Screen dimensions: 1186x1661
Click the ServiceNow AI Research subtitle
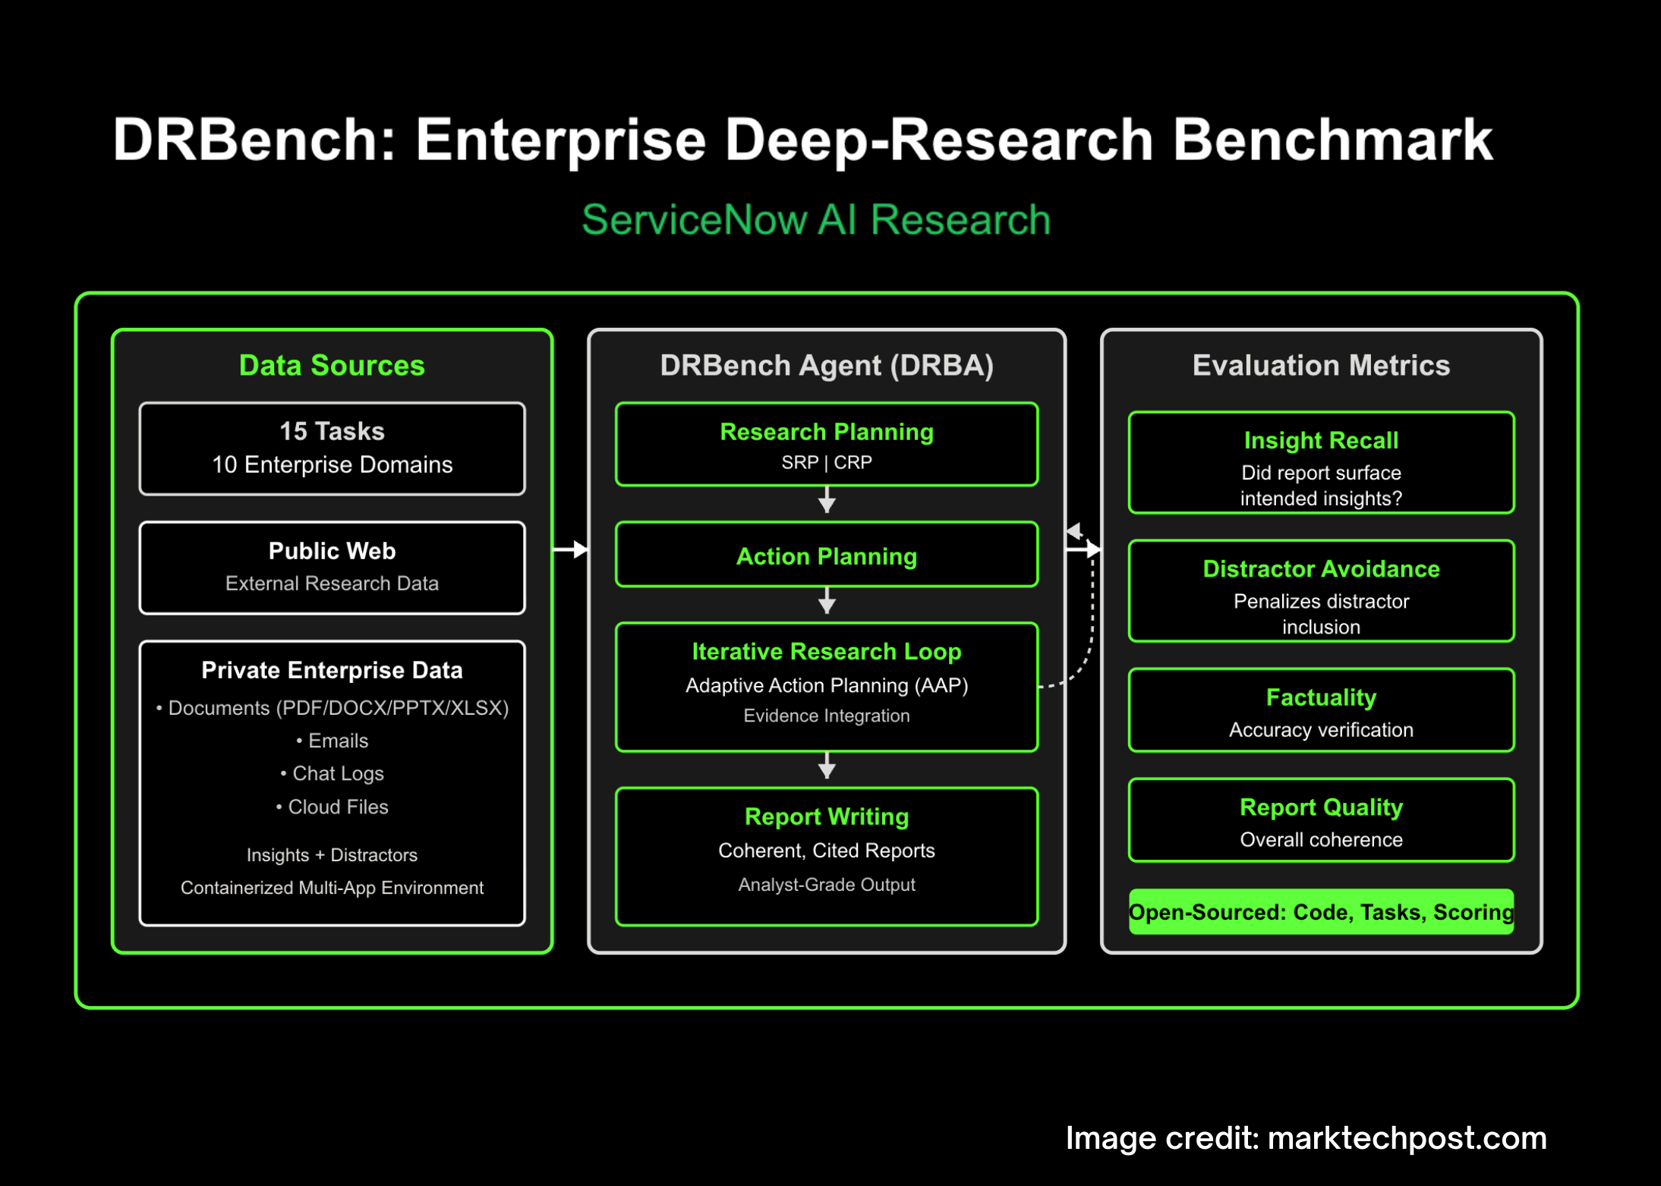[816, 220]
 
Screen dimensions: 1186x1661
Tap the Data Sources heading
[332, 366]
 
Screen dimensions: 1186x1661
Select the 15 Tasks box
[332, 448]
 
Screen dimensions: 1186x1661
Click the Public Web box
[332, 567]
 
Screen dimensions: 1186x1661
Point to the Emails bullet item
[332, 741]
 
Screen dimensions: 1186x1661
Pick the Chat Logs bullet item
[332, 773]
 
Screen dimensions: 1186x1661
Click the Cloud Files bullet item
[332, 807]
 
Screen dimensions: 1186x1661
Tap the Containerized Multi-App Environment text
[332, 888]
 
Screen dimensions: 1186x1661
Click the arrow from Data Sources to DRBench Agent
[570, 549]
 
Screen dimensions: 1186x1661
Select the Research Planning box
[826, 445]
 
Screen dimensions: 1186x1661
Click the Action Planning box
[826, 555]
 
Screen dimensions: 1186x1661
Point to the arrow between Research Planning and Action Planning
[827, 501]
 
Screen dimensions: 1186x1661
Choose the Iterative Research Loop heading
[826, 651]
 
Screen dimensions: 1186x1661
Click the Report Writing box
[826, 856]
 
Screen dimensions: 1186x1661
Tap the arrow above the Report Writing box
[827, 766]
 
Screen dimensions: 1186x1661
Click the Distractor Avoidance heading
[1321, 569]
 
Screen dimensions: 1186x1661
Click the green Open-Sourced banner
[1321, 911]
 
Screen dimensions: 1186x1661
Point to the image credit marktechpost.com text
[1306, 1137]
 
